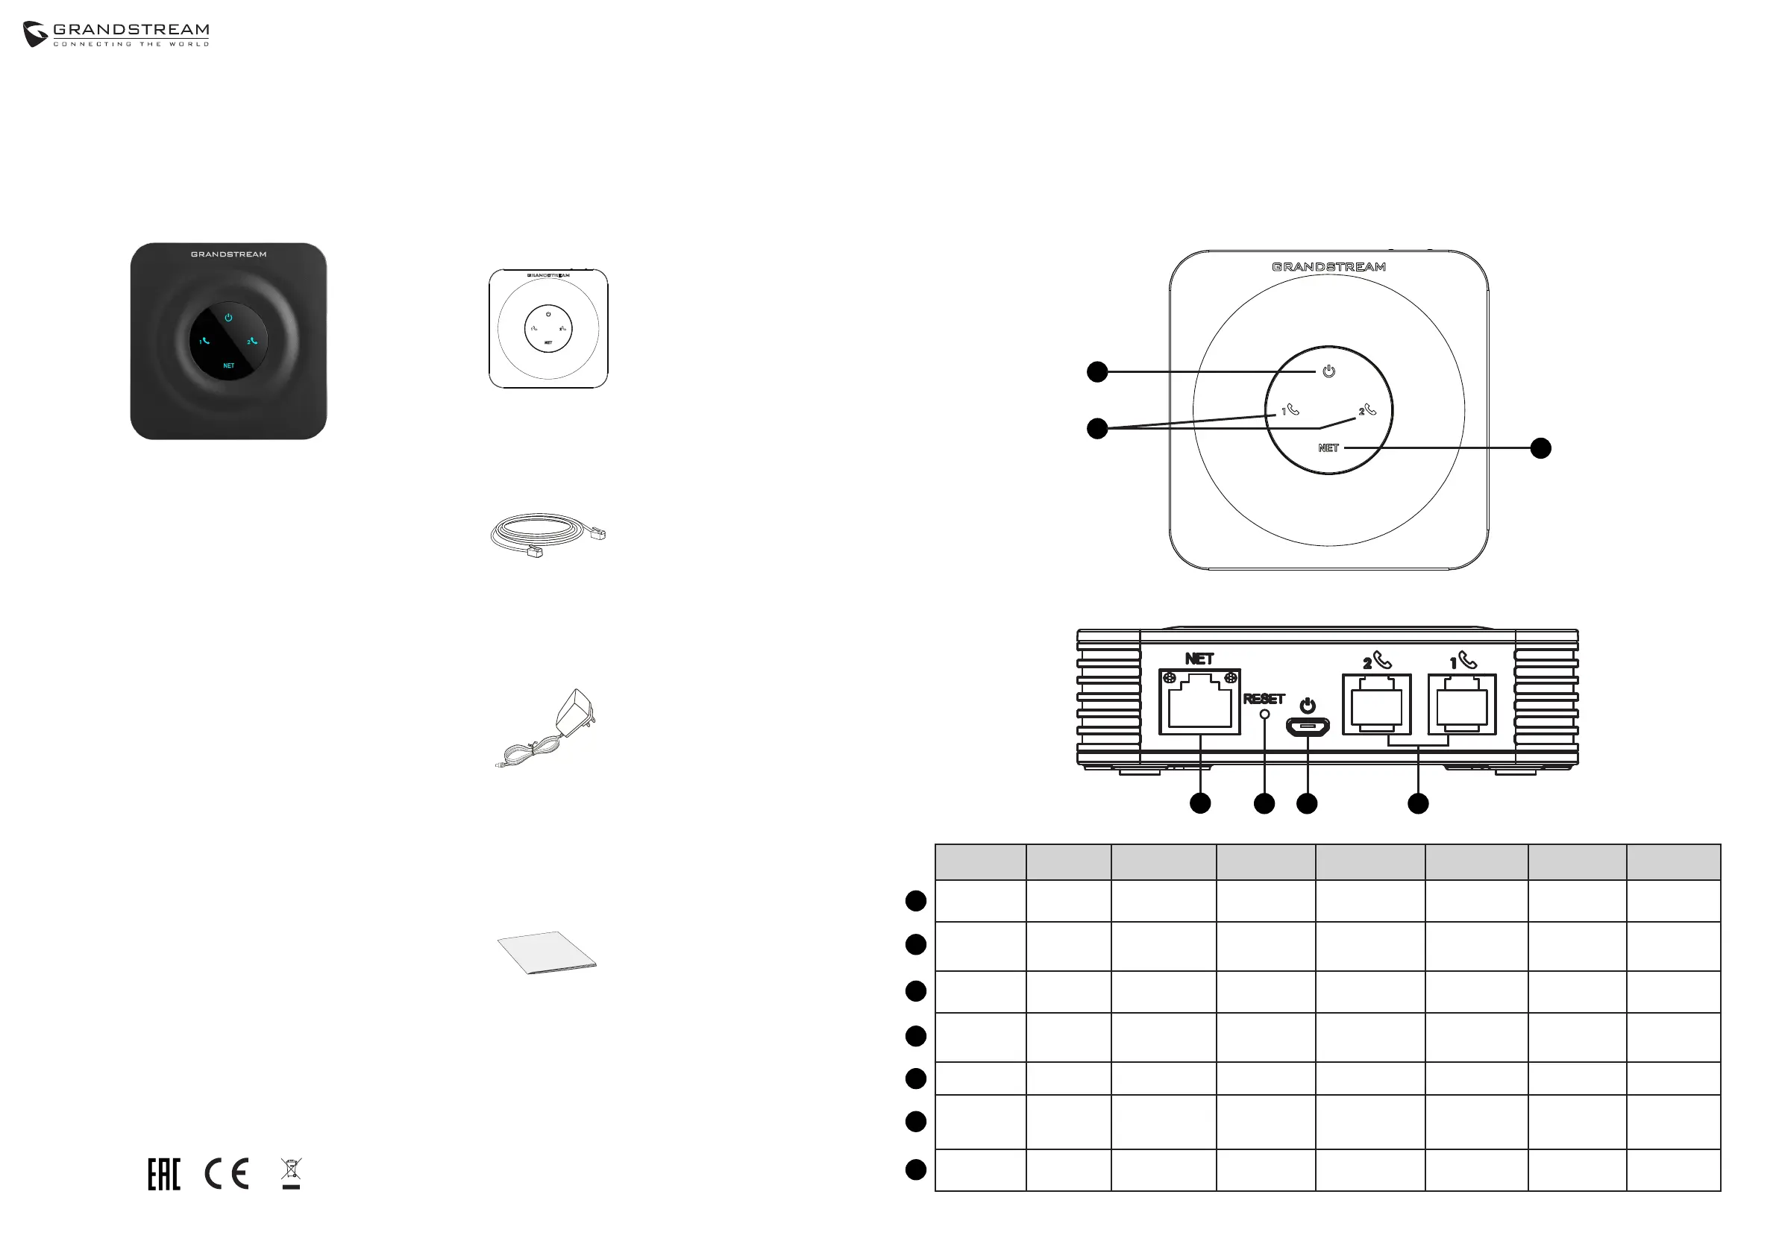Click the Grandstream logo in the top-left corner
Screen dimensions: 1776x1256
[x=116, y=34]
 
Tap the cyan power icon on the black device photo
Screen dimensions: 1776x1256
[x=228, y=317]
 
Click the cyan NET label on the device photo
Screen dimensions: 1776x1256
[x=228, y=365]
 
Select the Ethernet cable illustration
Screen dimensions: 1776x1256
[x=547, y=533]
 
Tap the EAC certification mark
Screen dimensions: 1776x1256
[x=164, y=1174]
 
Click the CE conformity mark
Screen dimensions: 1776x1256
[x=227, y=1174]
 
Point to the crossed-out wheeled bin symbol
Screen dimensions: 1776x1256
[x=291, y=1172]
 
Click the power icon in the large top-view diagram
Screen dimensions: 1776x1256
[x=1329, y=371]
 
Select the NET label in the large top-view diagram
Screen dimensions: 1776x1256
[x=1328, y=448]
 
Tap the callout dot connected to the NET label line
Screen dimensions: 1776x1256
[x=1541, y=448]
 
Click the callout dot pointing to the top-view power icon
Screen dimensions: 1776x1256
[x=1096, y=372]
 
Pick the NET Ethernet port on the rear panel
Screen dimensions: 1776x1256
[x=1199, y=703]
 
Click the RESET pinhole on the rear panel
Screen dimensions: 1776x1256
[x=1265, y=715]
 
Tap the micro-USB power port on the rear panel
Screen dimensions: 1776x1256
[x=1308, y=727]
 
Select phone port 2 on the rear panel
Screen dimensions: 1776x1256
[x=1377, y=705]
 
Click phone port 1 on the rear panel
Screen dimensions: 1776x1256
[x=1462, y=705]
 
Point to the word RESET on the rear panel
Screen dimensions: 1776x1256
[x=1264, y=699]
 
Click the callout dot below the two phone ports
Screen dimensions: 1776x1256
[x=1418, y=803]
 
